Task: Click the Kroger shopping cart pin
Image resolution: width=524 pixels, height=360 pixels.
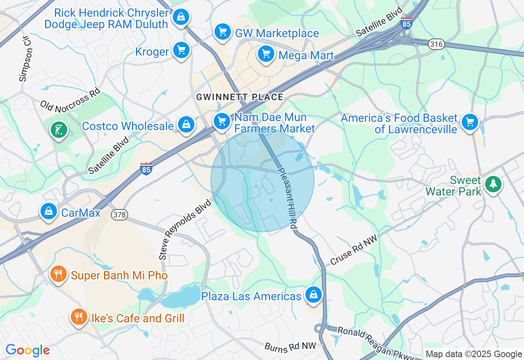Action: click(x=181, y=50)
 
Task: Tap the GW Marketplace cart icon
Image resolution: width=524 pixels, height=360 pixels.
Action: click(x=222, y=32)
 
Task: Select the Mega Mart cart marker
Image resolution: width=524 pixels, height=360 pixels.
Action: click(x=266, y=54)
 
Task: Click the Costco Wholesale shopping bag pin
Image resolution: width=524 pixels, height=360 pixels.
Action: click(x=186, y=124)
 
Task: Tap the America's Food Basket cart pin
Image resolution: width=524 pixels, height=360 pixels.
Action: click(x=470, y=122)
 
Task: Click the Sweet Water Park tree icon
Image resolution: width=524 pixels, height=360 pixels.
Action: click(x=493, y=184)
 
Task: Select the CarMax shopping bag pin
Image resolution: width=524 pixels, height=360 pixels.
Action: click(x=49, y=211)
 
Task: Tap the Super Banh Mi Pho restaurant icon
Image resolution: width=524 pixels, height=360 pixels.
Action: click(x=59, y=274)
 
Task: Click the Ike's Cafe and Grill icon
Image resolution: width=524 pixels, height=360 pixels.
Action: click(x=78, y=317)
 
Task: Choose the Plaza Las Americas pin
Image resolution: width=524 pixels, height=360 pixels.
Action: click(x=313, y=295)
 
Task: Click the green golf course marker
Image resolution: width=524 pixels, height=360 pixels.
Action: click(x=59, y=130)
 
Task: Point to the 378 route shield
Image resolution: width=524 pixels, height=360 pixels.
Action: click(x=119, y=214)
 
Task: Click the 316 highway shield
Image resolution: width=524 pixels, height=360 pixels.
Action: click(x=436, y=44)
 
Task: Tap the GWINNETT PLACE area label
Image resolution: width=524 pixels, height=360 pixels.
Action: click(x=239, y=97)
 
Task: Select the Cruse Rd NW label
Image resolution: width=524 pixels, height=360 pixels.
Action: click(x=353, y=250)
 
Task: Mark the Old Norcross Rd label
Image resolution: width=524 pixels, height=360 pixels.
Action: click(x=70, y=99)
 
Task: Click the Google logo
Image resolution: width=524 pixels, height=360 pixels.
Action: click(x=27, y=350)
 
